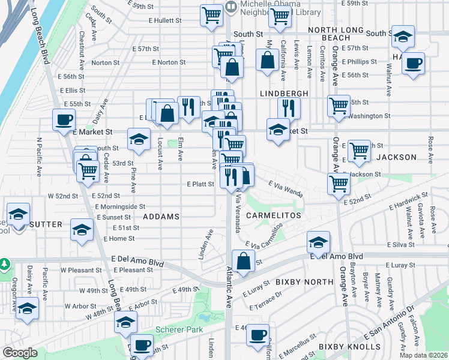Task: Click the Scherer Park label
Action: coord(179,329)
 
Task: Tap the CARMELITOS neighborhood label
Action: coord(272,214)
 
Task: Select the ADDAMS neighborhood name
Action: coord(161,215)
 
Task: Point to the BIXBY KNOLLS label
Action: coord(349,347)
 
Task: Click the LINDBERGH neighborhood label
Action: coord(284,94)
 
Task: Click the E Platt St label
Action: coord(200,184)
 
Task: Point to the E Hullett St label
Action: coord(165,20)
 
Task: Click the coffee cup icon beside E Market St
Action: coord(64,119)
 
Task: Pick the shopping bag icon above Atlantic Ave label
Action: coord(243,261)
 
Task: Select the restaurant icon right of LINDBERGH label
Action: coord(289,107)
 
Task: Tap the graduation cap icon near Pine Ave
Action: coord(139,140)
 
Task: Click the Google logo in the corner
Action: coord(20,353)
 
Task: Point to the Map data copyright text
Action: coord(424,355)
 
